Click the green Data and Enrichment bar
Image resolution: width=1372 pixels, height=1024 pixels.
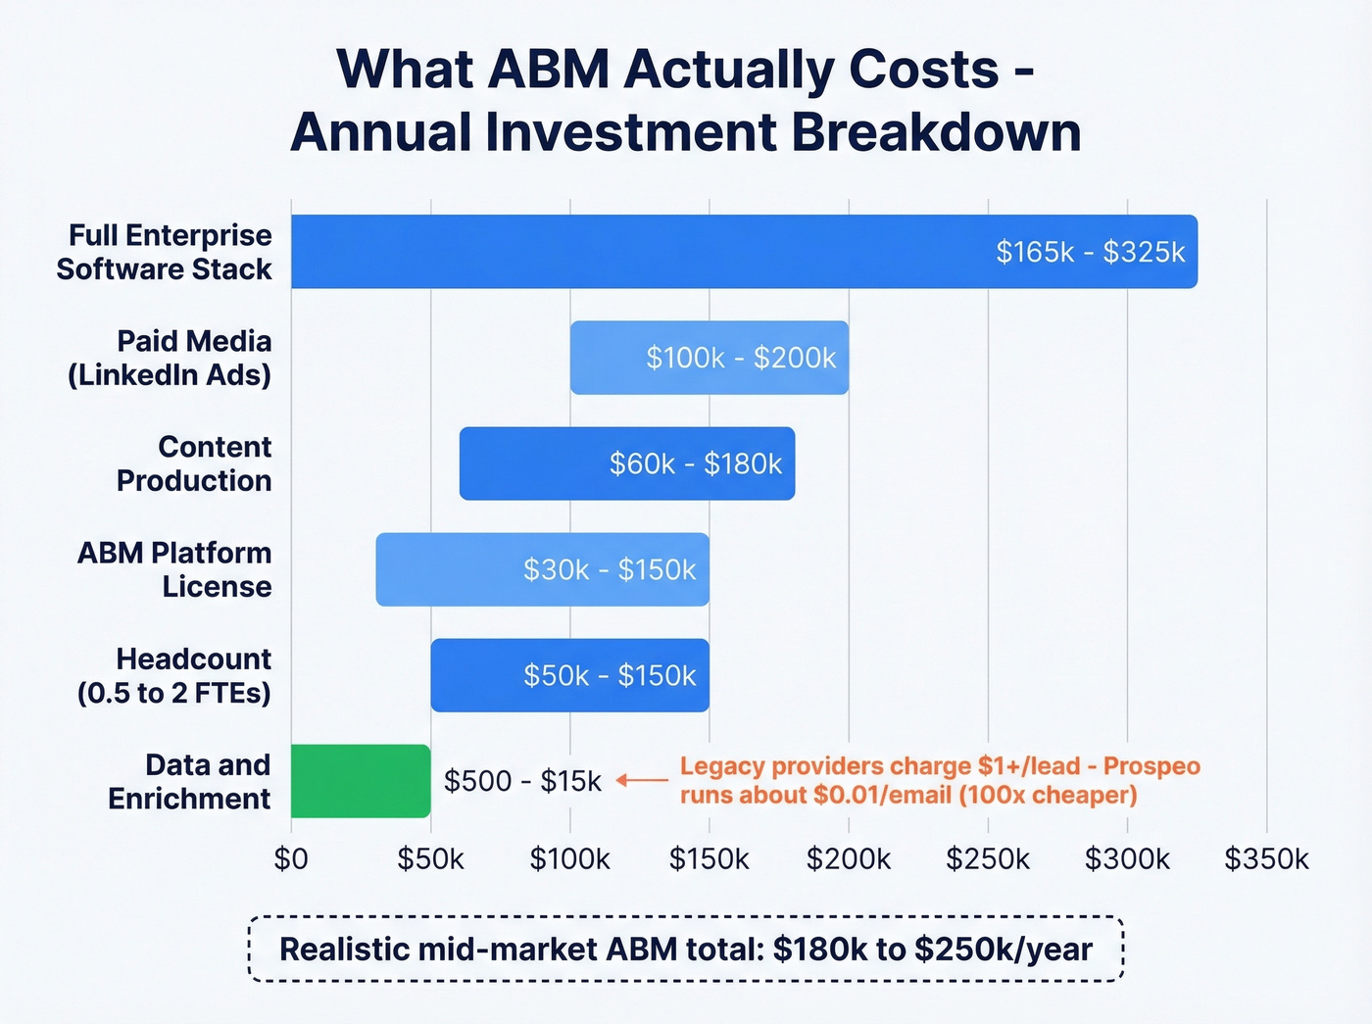click(361, 781)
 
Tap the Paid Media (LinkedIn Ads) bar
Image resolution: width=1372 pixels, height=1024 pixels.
click(709, 358)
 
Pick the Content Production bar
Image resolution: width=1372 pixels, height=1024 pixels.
click(627, 463)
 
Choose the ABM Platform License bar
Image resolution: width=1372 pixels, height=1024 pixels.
click(542, 569)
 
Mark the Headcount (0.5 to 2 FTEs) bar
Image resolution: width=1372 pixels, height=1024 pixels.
click(569, 675)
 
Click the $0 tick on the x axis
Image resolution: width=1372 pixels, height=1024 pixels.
click(291, 859)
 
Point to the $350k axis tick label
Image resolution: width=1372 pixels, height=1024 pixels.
click(1266, 859)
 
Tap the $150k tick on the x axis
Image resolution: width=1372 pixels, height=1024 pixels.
click(709, 859)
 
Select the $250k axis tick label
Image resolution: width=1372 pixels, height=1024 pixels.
click(988, 859)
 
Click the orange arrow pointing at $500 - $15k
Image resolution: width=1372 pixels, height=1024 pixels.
click(642, 781)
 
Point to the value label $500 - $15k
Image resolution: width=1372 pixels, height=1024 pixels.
click(522, 781)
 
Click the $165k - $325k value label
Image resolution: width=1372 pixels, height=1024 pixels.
click(1090, 253)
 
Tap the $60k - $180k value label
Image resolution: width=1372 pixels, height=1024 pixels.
click(696, 463)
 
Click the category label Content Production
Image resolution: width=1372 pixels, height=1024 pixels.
click(194, 463)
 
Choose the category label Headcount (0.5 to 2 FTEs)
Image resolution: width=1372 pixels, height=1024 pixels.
click(174, 675)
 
